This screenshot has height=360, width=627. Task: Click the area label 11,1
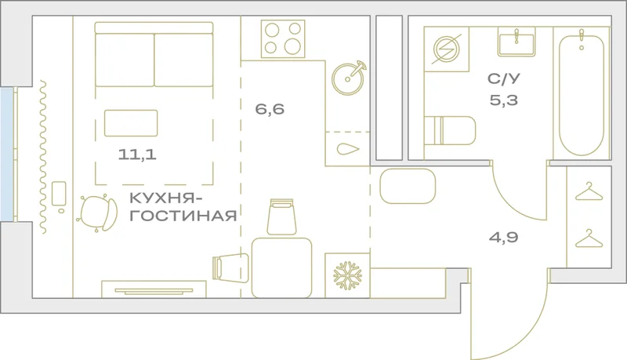click(x=136, y=155)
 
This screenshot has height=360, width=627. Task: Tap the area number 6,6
click(x=270, y=109)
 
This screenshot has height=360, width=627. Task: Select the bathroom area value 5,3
click(x=504, y=100)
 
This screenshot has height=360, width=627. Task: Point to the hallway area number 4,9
click(x=503, y=238)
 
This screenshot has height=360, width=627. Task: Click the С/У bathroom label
click(x=504, y=78)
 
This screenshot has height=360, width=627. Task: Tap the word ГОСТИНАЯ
click(x=183, y=216)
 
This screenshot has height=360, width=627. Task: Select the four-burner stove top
click(x=283, y=38)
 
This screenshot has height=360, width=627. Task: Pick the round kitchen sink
click(x=348, y=78)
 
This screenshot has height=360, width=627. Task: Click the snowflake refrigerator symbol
click(x=347, y=275)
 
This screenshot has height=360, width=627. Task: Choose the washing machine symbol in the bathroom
click(x=447, y=49)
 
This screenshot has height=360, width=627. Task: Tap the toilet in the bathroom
click(x=450, y=131)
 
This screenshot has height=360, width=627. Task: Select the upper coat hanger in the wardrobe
click(x=589, y=191)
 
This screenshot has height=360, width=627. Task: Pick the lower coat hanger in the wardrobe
click(x=589, y=238)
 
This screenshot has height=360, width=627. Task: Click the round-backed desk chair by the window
click(x=97, y=213)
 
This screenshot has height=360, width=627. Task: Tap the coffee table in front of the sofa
click(x=131, y=123)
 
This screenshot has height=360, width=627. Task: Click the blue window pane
click(x=6, y=155)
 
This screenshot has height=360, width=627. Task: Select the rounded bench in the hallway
click(x=408, y=186)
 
